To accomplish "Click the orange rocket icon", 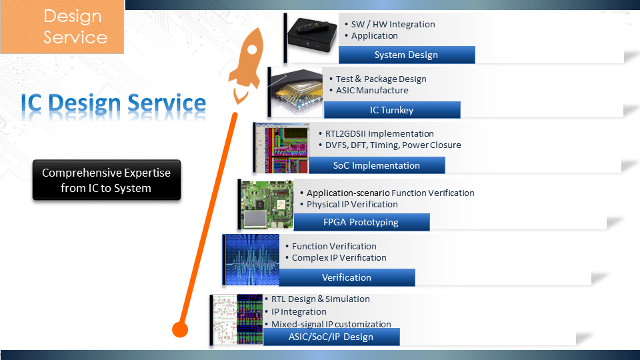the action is [246, 65].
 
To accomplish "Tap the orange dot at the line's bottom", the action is [180, 329].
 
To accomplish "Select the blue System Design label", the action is [407, 55].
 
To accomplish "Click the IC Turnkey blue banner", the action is [392, 110].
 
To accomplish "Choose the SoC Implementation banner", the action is [377, 165].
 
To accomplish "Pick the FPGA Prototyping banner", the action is [361, 222].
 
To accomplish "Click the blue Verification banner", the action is [347, 277].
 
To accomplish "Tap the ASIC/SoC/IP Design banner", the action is [331, 337].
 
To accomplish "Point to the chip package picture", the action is [297, 93].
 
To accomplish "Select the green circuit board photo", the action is [267, 205].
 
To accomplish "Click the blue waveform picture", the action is [252, 259].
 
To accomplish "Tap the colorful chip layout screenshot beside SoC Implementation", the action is [282, 148].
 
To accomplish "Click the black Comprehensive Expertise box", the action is [107, 180].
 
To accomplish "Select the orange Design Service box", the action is [62, 27].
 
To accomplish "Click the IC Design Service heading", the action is [113, 103].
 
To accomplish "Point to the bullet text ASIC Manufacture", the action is [372, 91].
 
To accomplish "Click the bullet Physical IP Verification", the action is [352, 205].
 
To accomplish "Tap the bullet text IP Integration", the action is [299, 312].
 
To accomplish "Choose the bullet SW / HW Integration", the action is [393, 25].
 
